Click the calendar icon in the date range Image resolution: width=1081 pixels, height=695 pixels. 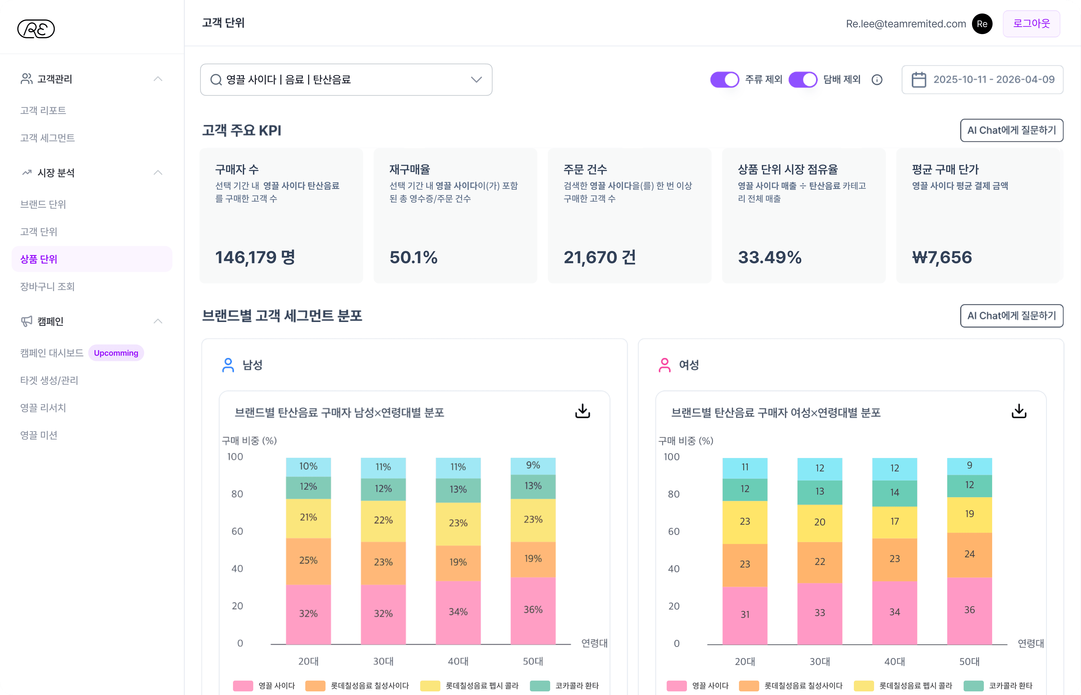tap(919, 80)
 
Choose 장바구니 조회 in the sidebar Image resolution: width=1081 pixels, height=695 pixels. tap(47, 287)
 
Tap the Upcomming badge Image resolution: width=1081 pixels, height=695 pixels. tap(116, 353)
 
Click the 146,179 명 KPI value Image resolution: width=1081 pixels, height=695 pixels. tap(255, 257)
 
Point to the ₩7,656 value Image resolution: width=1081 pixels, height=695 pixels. tap(942, 257)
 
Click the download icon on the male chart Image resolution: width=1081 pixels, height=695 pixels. tap(583, 411)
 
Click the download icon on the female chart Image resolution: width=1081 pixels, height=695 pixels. tap(1019, 411)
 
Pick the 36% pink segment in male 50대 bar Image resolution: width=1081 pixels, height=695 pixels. tap(533, 610)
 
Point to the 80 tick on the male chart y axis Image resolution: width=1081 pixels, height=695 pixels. tap(237, 494)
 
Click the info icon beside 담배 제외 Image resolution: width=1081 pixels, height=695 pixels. tap(877, 80)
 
